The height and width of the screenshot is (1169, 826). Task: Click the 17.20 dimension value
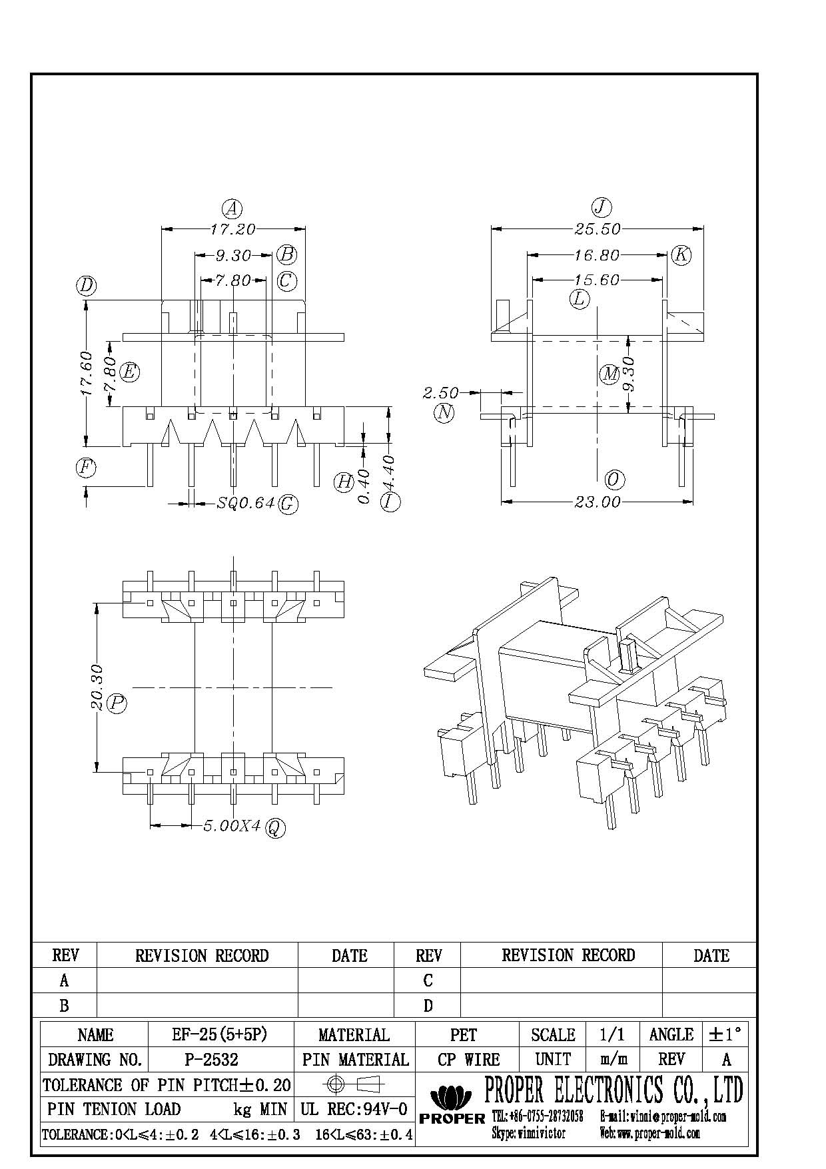(232, 229)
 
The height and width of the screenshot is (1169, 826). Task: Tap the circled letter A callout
(232, 209)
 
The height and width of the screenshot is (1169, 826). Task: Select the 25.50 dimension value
(598, 229)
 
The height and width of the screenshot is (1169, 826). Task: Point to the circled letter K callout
(681, 254)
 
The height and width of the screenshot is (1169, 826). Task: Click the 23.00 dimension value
(598, 502)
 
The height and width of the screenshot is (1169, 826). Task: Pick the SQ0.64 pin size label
(246, 503)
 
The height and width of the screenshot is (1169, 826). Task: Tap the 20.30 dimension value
(97, 687)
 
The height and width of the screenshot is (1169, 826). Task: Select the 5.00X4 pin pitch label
(231, 826)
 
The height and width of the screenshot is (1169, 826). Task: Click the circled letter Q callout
(275, 828)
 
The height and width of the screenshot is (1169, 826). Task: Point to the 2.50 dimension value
(440, 393)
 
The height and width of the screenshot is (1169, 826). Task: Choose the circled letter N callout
(444, 413)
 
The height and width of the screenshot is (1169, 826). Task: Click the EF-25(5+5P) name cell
(219, 1034)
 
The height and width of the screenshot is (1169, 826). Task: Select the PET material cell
(464, 1034)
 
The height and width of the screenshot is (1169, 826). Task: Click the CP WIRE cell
(468, 1059)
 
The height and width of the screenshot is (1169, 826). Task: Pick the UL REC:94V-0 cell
(354, 1109)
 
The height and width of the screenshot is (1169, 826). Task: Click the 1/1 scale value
(612, 1034)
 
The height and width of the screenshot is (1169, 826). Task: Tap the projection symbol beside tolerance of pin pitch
(354, 1084)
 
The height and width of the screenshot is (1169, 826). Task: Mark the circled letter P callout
(117, 703)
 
